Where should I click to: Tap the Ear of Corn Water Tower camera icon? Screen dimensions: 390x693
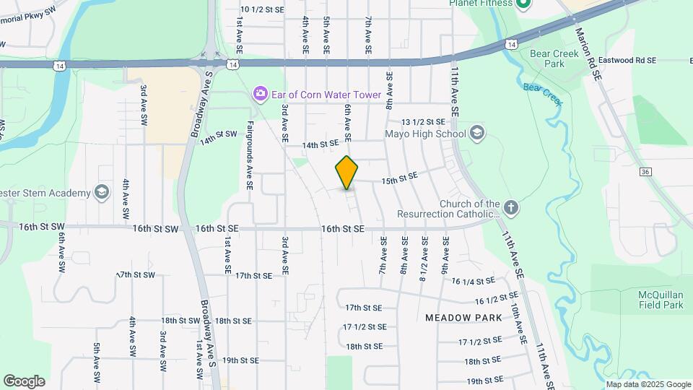tap(259, 94)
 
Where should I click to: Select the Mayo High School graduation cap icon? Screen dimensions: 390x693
tap(476, 133)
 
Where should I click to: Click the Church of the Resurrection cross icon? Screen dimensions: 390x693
tap(511, 208)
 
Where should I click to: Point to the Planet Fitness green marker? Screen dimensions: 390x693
tap(525, 4)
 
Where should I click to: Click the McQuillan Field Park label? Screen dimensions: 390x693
tap(660, 300)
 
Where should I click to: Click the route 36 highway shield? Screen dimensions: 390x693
tap(645, 171)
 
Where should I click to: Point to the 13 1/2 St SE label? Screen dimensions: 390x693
tap(424, 123)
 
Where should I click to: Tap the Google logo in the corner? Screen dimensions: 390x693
tap(24, 381)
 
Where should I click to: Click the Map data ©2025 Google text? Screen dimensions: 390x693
tap(648, 384)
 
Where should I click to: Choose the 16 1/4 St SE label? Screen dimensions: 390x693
tap(474, 281)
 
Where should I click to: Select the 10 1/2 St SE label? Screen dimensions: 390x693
tap(263, 9)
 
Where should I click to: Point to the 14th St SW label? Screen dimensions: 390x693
tap(219, 135)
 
